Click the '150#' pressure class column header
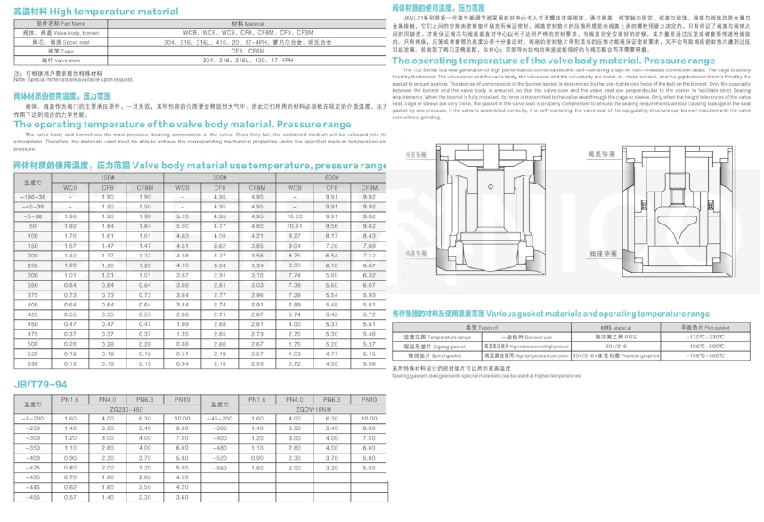(x=108, y=178)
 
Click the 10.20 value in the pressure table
(x=295, y=216)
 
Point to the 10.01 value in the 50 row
(x=295, y=225)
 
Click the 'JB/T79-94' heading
(x=39, y=385)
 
